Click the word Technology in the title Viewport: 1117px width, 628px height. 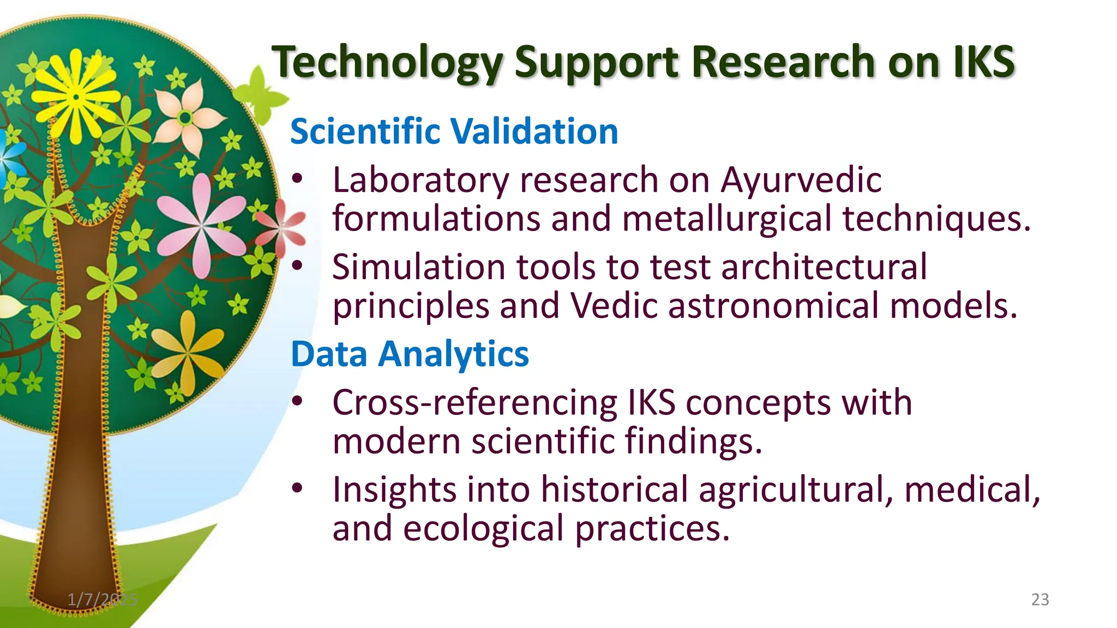point(387,63)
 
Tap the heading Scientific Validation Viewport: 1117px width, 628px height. point(454,131)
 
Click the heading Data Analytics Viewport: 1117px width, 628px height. point(410,354)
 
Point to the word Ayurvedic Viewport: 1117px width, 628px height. point(800,180)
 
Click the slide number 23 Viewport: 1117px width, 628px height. point(1040,600)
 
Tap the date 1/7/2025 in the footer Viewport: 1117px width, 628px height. point(103,600)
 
